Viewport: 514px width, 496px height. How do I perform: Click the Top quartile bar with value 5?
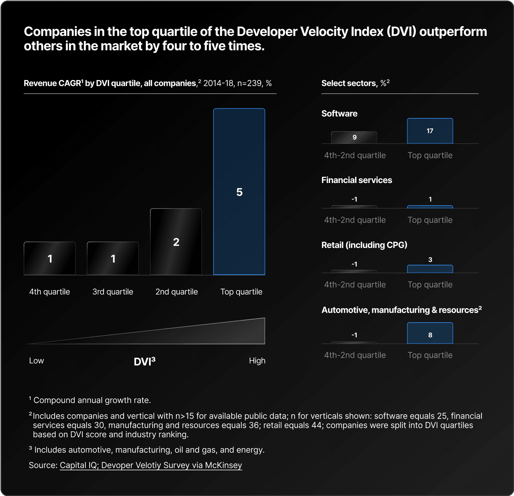click(239, 192)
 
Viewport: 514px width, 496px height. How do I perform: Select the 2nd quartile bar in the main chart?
click(176, 242)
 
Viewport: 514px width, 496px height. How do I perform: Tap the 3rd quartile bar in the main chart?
click(113, 258)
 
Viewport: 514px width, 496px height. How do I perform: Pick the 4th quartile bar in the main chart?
click(50, 258)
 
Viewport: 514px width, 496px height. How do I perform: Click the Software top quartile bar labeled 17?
click(430, 131)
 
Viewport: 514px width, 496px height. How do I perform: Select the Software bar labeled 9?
click(354, 138)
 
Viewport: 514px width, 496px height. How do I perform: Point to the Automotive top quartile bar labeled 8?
click(430, 334)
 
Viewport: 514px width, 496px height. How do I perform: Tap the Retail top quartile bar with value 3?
click(430, 269)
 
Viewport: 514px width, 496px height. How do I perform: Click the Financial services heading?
click(356, 180)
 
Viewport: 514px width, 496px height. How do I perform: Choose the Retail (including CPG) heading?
click(364, 245)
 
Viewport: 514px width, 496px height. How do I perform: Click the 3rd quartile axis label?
click(113, 292)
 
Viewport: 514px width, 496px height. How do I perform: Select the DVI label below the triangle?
click(144, 362)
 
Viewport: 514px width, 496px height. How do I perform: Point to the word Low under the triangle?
click(37, 361)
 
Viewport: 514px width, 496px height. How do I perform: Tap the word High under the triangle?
click(257, 361)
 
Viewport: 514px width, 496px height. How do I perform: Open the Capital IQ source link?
click(151, 465)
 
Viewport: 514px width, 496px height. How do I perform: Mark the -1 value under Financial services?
click(354, 199)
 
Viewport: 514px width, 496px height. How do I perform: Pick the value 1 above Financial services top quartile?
click(430, 199)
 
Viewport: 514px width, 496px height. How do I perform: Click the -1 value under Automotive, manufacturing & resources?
click(354, 335)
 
